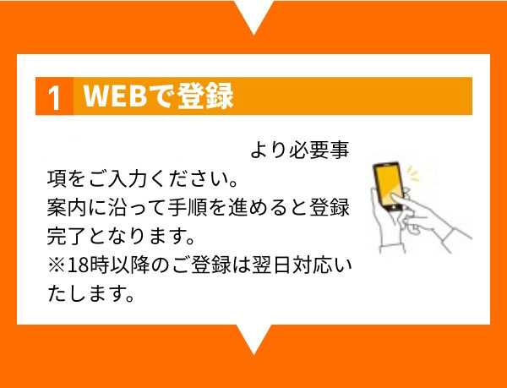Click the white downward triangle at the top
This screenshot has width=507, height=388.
(x=253, y=15)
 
